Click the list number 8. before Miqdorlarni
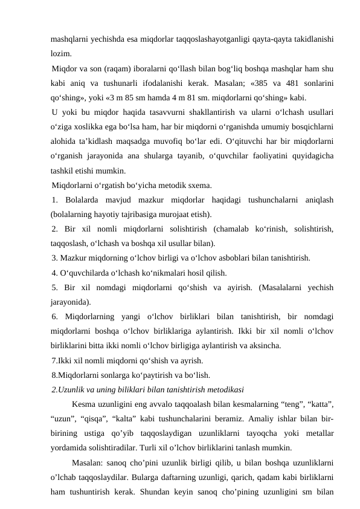pyautogui.click(x=55, y=375)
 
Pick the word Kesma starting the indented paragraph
pyautogui.click(x=83, y=404)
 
